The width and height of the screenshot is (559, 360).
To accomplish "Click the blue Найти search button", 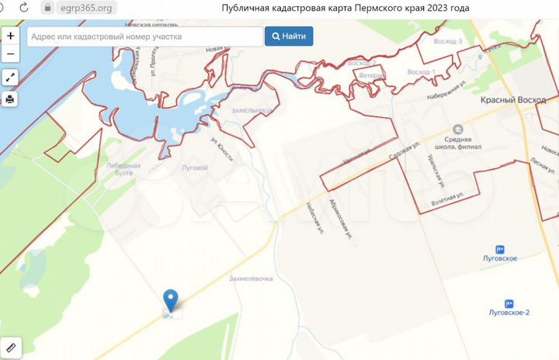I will pyautogui.click(x=289, y=36).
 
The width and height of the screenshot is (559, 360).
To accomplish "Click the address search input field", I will pyautogui.click(x=145, y=36).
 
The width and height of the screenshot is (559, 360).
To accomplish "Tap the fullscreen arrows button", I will pyautogui.click(x=10, y=78).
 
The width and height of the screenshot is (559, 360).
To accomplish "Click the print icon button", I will pyautogui.click(x=10, y=99).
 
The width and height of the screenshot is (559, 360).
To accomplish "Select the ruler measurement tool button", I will pyautogui.click(x=10, y=346).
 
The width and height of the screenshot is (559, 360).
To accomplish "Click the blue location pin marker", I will pyautogui.click(x=171, y=300).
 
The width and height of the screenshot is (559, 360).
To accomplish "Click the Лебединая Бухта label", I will pyautogui.click(x=123, y=169).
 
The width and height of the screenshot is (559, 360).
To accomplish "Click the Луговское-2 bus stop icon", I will pyautogui.click(x=509, y=303).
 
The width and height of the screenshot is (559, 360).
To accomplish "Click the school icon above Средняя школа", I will pyautogui.click(x=458, y=129).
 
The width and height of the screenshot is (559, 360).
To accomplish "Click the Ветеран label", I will pyautogui.click(x=373, y=76).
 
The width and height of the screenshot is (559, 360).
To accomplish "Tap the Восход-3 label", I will pyautogui.click(x=450, y=41).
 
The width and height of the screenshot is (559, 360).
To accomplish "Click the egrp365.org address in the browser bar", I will pyautogui.click(x=85, y=8).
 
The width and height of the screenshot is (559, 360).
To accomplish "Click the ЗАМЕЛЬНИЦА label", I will pyautogui.click(x=252, y=111).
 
